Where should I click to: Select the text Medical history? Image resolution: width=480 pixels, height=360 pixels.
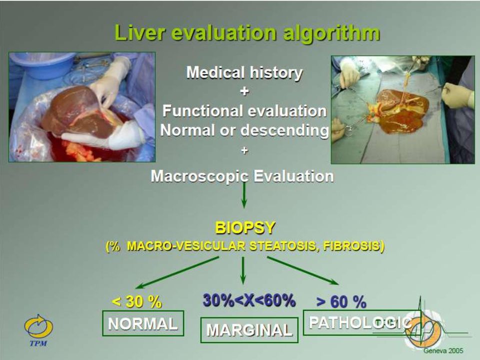(244, 73)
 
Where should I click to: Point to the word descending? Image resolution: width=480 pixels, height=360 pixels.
(284, 130)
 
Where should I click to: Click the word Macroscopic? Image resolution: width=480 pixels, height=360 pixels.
(199, 176)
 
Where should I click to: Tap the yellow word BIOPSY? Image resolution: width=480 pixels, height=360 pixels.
(245, 228)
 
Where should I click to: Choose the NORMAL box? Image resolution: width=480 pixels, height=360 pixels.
(143, 323)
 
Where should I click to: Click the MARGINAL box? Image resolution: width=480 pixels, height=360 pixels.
(249, 330)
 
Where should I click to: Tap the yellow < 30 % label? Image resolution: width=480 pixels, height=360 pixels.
(136, 301)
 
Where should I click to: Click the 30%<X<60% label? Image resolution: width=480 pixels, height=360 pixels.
(249, 300)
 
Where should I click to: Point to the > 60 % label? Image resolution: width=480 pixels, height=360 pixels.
(341, 302)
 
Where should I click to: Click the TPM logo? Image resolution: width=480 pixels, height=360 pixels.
(38, 330)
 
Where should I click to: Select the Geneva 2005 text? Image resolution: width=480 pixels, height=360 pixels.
(443, 351)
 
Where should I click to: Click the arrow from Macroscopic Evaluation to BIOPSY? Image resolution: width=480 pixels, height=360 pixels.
(244, 195)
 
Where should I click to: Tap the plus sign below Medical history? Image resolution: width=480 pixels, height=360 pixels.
(244, 91)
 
